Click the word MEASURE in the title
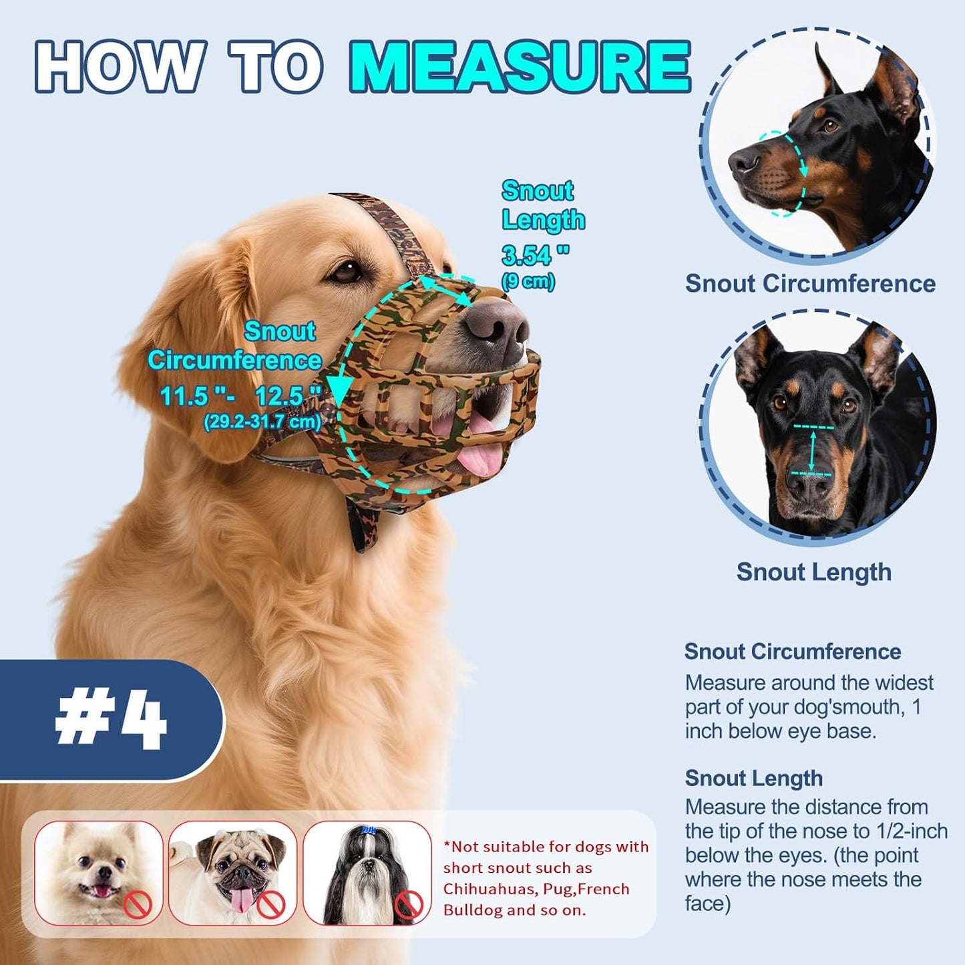tap(520, 67)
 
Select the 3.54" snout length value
tap(535, 255)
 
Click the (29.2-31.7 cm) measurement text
tap(262, 422)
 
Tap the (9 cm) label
tap(528, 281)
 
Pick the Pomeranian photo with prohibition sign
tap(98, 873)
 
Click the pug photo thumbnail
tap(232, 873)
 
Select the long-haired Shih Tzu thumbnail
tap(367, 873)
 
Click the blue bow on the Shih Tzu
tap(368, 831)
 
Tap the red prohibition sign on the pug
tap(271, 905)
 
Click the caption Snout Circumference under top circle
tap(810, 284)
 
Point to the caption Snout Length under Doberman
tap(813, 572)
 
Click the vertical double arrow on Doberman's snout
tap(812, 451)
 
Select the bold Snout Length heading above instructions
tap(753, 779)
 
